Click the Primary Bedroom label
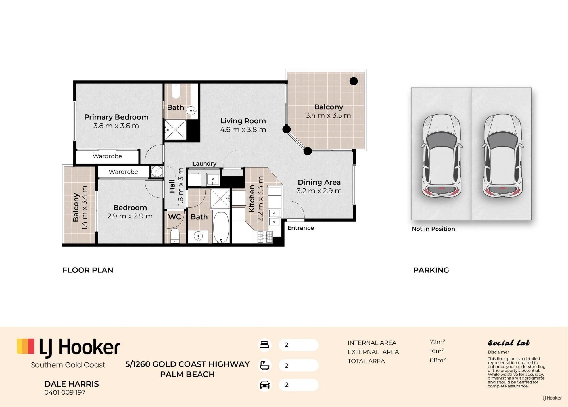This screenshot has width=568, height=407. pos(116,117)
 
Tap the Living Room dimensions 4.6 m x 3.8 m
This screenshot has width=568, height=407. pos(243,130)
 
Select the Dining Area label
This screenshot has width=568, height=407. pos(319,182)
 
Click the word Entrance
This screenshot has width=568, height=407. pos(300,228)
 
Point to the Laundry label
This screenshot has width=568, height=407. pos(204,164)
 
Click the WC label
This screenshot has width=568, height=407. pos(174,217)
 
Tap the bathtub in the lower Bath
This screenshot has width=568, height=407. pos(221,227)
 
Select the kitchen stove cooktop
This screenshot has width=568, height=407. pos(265,237)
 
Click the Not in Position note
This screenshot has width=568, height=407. pos(433,229)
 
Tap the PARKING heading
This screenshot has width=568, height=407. pos(431,270)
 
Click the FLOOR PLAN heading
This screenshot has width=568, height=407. pos(88,270)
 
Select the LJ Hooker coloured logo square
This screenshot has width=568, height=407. pos(26,346)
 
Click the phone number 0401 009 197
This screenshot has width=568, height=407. pos(65,392)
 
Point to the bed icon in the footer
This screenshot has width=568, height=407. pos(264,345)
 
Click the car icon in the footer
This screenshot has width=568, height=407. pos(264,385)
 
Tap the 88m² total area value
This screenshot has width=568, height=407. pos(438,360)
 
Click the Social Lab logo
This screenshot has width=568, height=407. pos(509,343)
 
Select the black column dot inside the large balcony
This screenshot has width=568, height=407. pos(354,81)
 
